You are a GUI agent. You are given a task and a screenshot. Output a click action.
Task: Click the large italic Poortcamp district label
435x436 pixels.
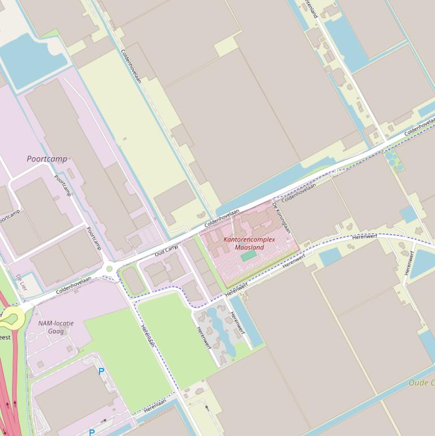[x=47, y=159]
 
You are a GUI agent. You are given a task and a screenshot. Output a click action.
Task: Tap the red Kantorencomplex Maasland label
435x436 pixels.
[x=249, y=243]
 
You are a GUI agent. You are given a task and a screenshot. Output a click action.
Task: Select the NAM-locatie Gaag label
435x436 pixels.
[x=55, y=327]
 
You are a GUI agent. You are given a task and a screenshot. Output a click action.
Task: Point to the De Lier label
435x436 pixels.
[x=21, y=283]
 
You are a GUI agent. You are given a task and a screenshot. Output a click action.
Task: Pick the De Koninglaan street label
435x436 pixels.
[x=281, y=217]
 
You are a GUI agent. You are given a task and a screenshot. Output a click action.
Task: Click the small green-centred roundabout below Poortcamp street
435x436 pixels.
[x=109, y=268]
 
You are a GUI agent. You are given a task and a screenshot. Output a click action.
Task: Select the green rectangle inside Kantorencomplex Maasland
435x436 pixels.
[x=248, y=257]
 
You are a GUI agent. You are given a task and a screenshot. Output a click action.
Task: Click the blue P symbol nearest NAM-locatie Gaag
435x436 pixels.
[x=101, y=372]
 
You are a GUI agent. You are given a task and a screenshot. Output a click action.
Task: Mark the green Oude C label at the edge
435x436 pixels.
[x=421, y=383]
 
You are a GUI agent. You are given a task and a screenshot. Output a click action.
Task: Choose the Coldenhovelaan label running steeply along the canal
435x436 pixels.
[x=131, y=66]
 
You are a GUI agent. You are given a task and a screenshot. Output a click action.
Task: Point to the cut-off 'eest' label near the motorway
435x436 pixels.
[x=5, y=337]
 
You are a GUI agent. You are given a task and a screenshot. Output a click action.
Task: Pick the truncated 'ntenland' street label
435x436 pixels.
[x=311, y=8]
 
